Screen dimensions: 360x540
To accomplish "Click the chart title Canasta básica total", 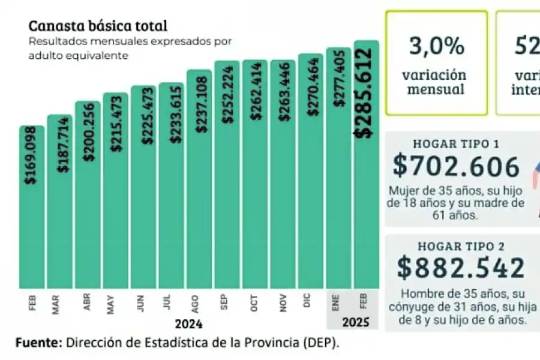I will [98, 26].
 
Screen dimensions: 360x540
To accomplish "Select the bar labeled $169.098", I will [32, 228].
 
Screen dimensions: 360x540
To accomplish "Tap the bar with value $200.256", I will [88, 216].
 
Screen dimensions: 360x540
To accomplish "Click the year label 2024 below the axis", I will [188, 325].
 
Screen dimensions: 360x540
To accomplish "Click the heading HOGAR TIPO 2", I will [456, 247].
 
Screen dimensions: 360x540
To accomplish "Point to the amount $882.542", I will [460, 268].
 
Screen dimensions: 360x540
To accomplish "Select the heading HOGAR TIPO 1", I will [456, 145].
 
